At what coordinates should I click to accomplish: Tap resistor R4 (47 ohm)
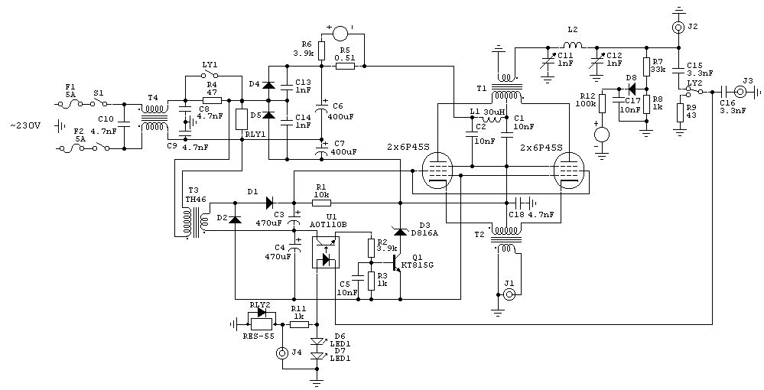coord(212,100)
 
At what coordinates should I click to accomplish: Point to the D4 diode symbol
coord(268,83)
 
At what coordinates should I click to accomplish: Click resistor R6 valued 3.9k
coord(322,51)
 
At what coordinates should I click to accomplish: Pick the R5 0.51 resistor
coord(344,67)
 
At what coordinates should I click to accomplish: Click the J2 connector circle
coord(678,28)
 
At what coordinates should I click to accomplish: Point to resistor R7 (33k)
coord(646,66)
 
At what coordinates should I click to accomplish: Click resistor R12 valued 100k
coord(602,102)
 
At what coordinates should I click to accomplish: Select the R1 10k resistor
coord(322,203)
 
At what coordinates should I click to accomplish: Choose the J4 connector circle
coord(282,353)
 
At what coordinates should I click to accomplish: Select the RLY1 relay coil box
coord(242,119)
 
